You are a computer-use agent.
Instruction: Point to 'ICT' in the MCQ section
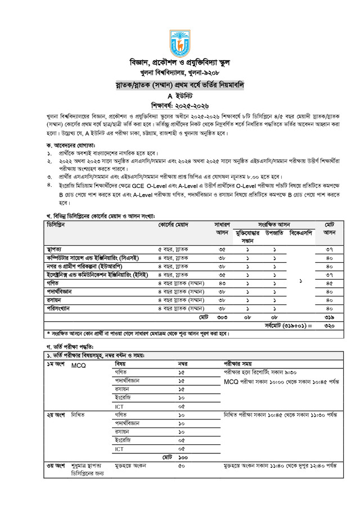tap(120, 406)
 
